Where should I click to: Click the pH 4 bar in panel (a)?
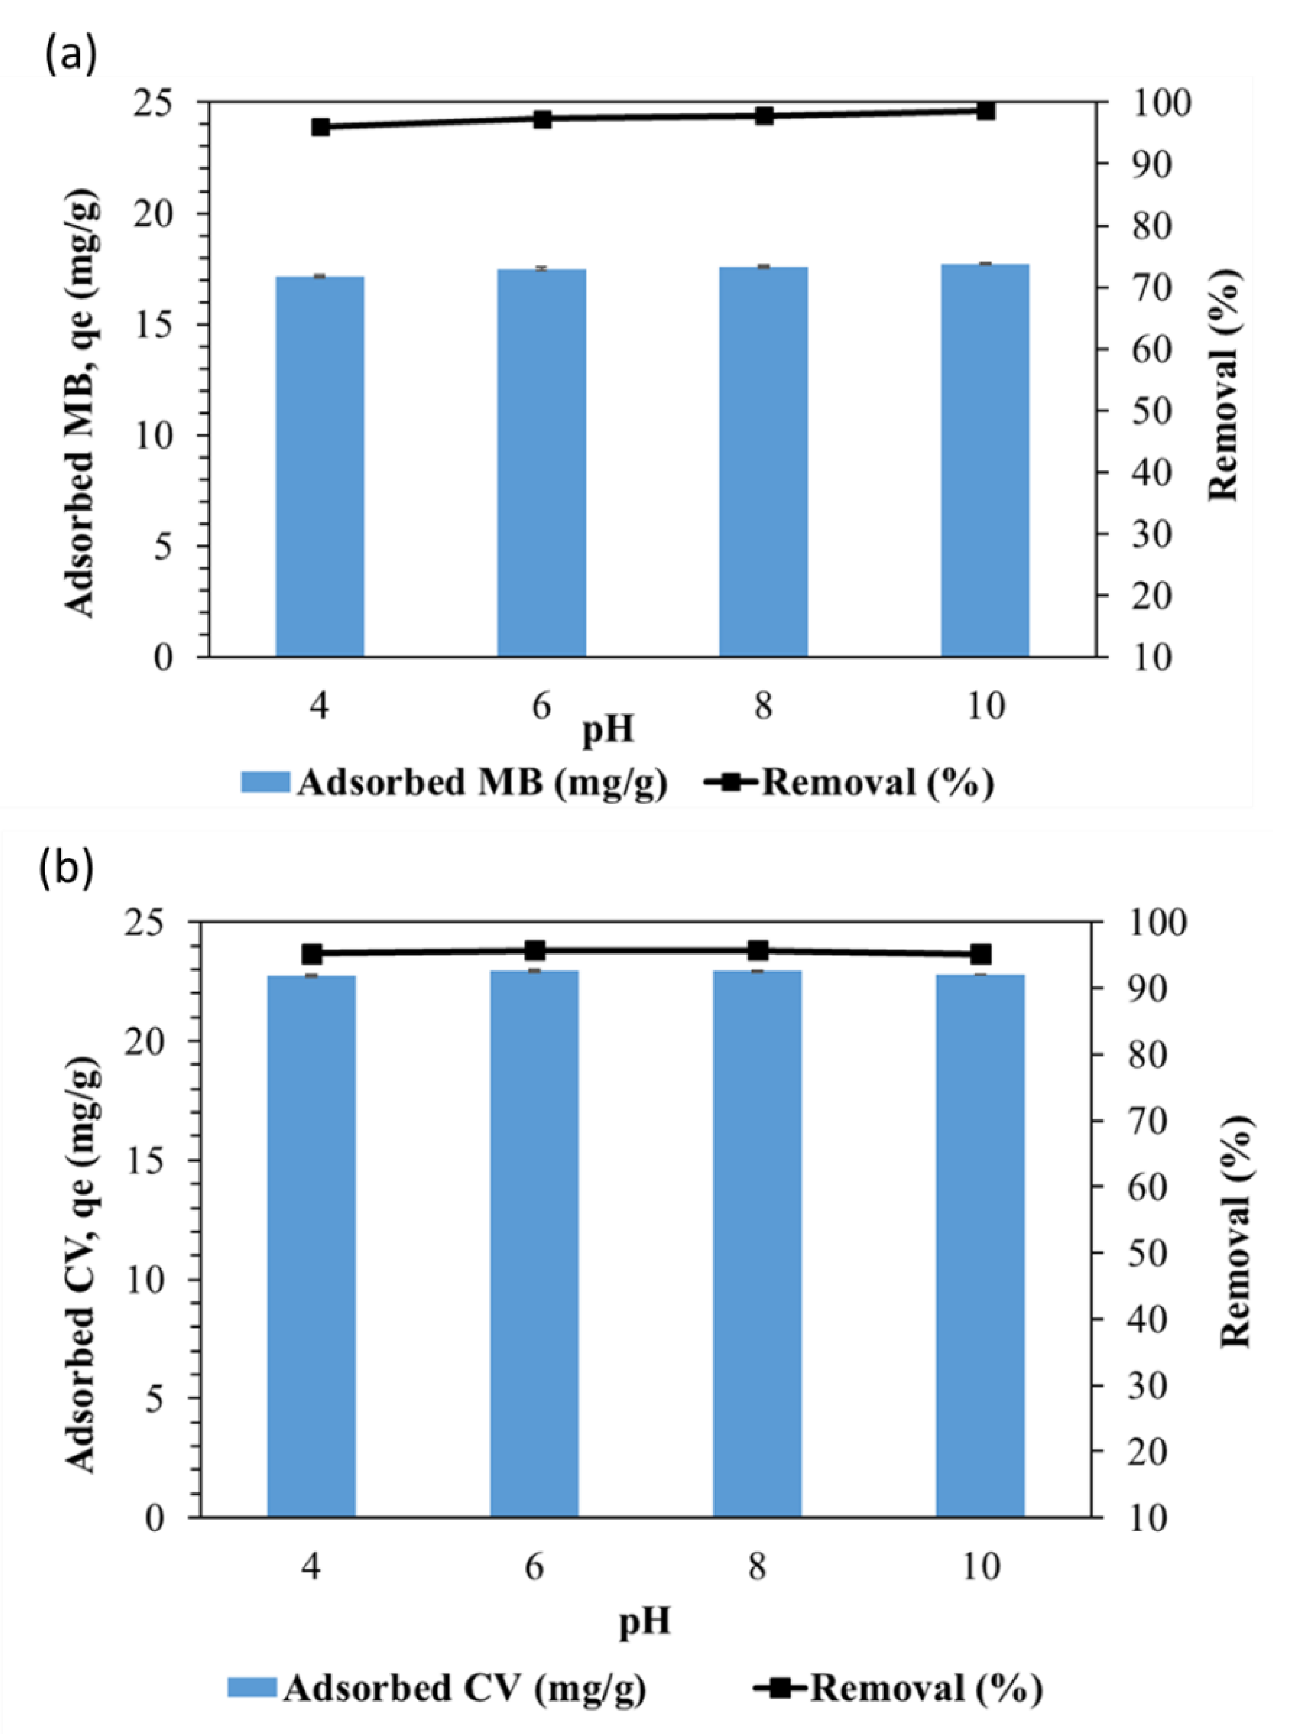click(x=320, y=467)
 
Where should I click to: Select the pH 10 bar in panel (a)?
click(x=985, y=460)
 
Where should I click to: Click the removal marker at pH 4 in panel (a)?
click(x=320, y=127)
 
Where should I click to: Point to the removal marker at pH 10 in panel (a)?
click(x=986, y=111)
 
